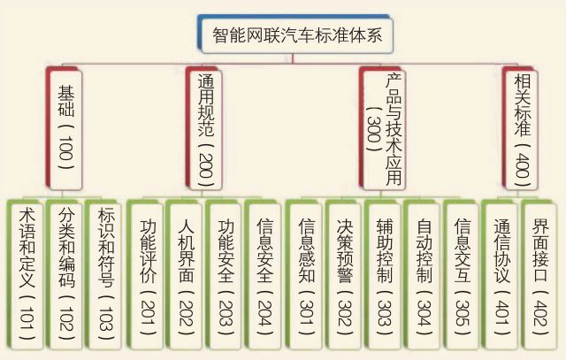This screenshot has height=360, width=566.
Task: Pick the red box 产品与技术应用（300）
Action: click(383, 127)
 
